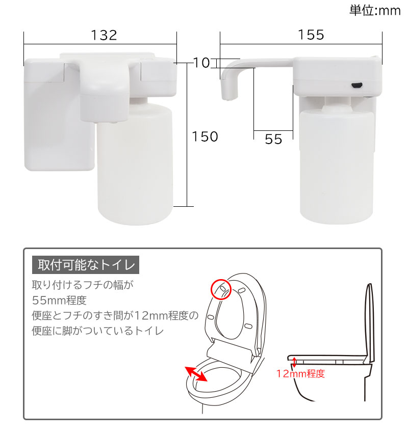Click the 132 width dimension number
(104, 35)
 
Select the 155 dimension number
(311, 35)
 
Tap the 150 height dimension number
(205, 136)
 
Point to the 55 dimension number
(273, 139)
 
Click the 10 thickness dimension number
(201, 63)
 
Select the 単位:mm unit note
(375, 11)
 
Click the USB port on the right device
(357, 85)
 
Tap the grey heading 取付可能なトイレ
(86, 265)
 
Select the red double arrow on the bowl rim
(196, 374)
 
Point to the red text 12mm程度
(300, 373)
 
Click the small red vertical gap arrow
(294, 362)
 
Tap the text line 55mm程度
(59, 300)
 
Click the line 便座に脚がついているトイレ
(97, 331)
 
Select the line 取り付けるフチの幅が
(83, 285)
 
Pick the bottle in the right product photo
(337, 165)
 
